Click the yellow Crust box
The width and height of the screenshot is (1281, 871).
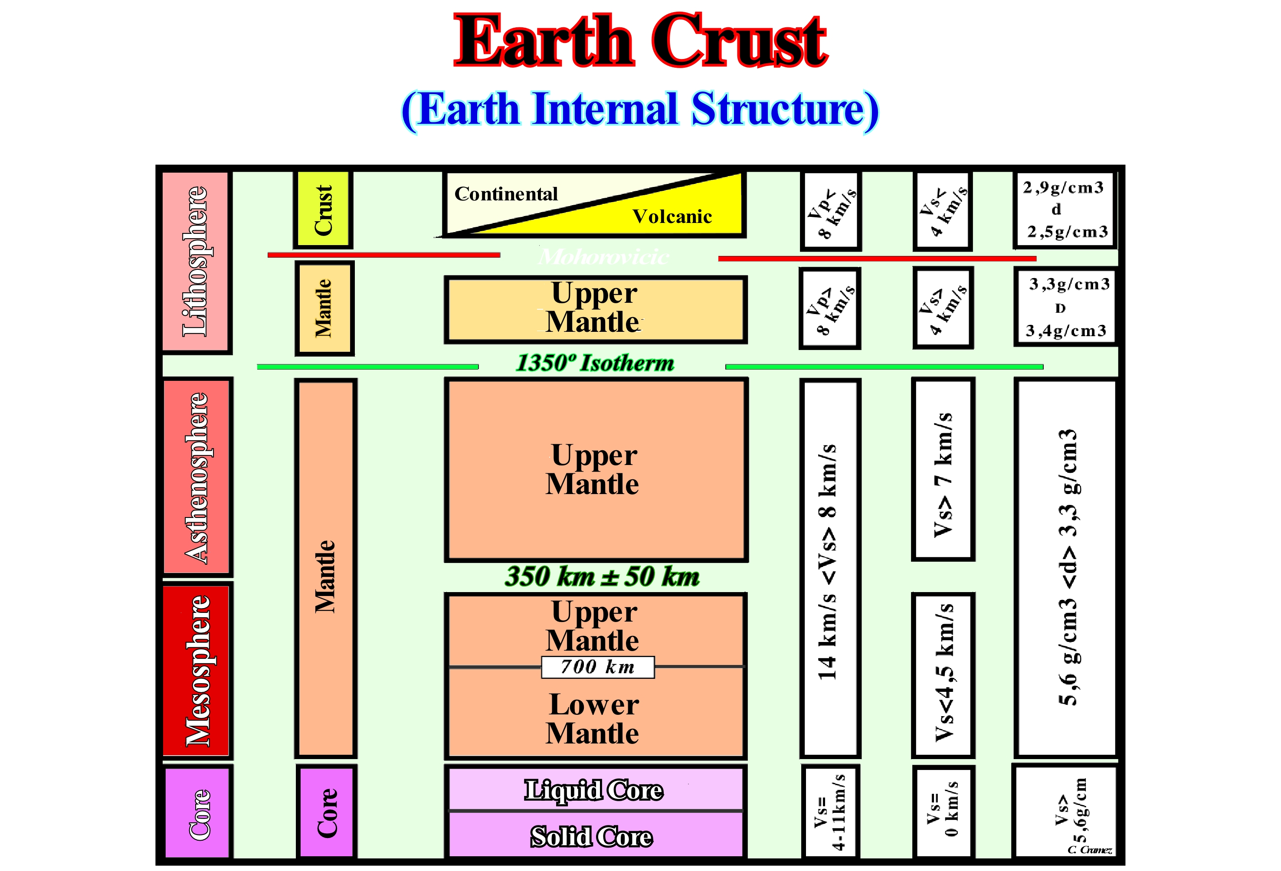click(323, 210)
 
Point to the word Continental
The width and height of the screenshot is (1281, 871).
click(506, 194)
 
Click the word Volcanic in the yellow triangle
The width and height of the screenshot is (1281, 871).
click(672, 216)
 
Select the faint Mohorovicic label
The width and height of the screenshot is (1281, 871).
click(603, 257)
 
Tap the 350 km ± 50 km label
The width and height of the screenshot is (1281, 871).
click(602, 576)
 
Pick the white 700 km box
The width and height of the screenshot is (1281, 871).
click(598, 667)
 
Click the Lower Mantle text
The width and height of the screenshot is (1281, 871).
click(593, 719)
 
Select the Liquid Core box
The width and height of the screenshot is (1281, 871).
click(594, 790)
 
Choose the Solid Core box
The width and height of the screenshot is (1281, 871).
click(592, 836)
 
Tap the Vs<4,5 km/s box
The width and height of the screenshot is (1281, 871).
click(944, 675)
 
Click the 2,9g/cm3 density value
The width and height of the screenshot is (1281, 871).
click(1063, 188)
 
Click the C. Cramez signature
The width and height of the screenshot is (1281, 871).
click(1089, 849)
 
